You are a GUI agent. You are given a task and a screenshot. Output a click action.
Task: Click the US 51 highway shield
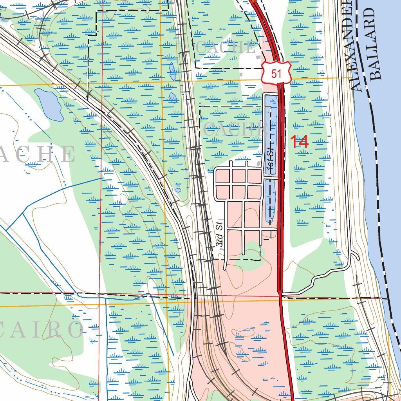point(276,72)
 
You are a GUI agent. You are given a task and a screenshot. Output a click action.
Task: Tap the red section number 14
point(299,142)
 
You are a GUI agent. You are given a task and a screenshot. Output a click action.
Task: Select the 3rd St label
point(220,234)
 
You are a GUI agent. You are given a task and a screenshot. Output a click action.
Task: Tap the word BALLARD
point(375,43)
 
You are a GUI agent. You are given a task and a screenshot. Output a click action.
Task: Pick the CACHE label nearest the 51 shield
point(225,48)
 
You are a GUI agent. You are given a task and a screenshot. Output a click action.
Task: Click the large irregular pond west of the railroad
point(49,103)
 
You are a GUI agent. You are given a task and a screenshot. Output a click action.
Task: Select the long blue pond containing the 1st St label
point(270,133)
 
